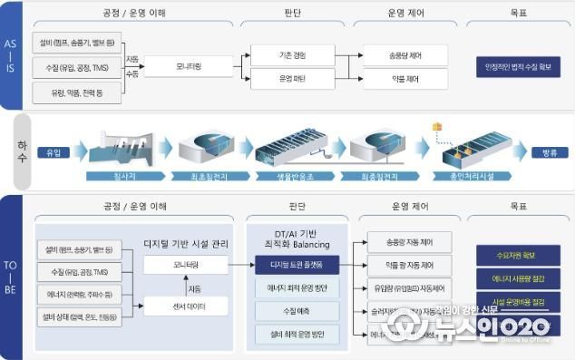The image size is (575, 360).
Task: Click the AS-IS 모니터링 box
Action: [x=181, y=67]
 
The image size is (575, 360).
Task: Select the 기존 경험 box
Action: [x=292, y=56]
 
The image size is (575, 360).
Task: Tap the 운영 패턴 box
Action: [x=292, y=80]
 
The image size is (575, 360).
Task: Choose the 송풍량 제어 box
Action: [x=405, y=56]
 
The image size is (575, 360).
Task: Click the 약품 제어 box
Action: [x=405, y=80]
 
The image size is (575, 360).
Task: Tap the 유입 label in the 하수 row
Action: [x=52, y=152]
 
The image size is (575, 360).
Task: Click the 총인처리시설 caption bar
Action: [x=463, y=175]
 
